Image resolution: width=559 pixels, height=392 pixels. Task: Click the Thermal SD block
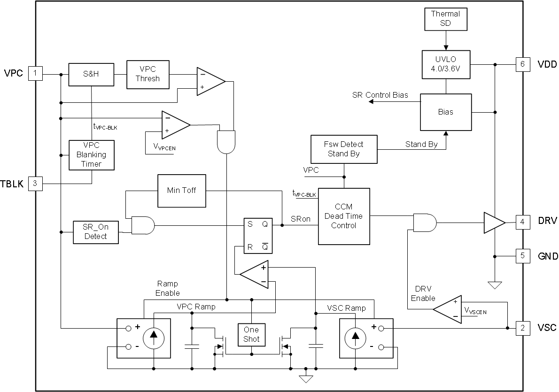446,19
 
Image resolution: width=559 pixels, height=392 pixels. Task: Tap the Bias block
446,112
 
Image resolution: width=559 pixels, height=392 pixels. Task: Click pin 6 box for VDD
522,64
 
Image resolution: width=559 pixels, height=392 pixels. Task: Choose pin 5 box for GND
522,256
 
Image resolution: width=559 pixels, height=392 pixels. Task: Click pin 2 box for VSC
522,328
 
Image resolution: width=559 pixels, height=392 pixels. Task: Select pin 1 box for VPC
36,73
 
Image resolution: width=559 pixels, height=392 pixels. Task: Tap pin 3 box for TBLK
36,183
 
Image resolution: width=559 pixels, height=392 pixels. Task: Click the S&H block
92,74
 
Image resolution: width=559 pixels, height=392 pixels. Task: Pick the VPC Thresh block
148,74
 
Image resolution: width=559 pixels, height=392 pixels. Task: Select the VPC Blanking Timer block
92,155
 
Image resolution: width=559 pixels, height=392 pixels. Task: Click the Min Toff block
182,191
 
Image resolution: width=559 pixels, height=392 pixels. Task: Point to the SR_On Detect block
96,232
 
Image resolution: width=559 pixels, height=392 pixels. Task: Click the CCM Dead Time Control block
344,216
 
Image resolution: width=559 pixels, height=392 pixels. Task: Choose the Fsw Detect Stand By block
344,149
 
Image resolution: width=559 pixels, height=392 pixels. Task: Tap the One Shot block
251,334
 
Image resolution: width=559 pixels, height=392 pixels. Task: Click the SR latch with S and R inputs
257,236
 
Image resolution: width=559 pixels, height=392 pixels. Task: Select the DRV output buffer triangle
494,222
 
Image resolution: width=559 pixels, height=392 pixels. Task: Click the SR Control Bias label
380,95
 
